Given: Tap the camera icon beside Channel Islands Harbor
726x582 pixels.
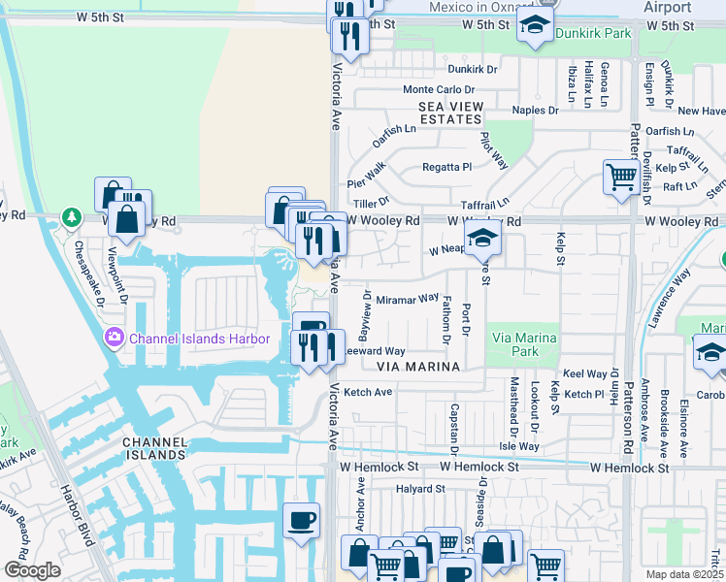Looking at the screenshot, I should pos(115,339).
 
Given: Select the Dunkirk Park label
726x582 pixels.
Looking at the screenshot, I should pos(593,33).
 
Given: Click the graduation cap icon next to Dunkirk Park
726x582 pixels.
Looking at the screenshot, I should pos(533,28).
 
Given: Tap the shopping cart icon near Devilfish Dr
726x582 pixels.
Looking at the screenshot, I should pos(620,178).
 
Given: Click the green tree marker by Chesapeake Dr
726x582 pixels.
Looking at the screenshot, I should pos(70,215).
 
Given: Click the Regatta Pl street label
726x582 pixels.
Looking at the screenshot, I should pos(446,167).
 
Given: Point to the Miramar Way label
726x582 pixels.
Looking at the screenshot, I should pos(408,300).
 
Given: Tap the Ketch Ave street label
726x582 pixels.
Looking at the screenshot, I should pos(368,392).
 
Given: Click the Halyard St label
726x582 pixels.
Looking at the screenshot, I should pos(419,489).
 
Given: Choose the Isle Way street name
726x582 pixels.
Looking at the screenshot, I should pos(518,446).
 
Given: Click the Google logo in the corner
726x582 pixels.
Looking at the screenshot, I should pos(32,570).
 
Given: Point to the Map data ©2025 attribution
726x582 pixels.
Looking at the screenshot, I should pos(684,574).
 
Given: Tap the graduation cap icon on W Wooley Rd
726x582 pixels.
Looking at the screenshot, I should pos(482,238).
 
